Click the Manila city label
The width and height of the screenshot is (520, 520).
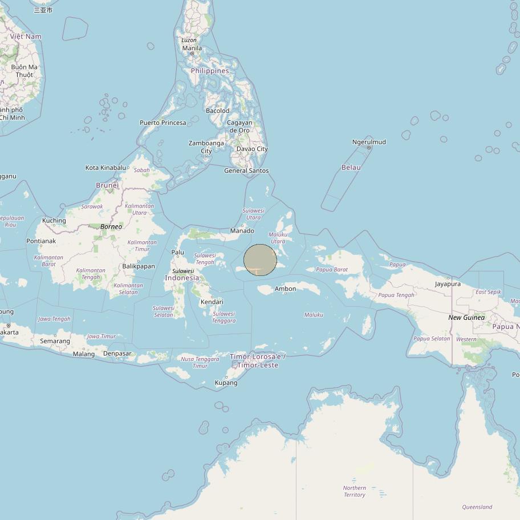point(192,48)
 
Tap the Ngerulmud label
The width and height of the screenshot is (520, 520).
point(369,142)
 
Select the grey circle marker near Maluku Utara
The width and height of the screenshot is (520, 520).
point(260,260)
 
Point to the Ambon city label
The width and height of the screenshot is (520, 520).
point(285,289)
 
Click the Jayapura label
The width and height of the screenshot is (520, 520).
point(448,284)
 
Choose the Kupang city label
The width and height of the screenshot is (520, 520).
point(226,383)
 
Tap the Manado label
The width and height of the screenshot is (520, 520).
point(242,231)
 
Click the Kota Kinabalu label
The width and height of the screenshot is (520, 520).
point(105,168)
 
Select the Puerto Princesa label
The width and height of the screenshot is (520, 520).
point(163,123)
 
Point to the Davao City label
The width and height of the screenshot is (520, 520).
point(252,149)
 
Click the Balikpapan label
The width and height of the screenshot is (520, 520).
point(139,266)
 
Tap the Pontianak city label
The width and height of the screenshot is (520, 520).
point(41,241)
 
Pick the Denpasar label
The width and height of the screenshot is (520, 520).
point(117,354)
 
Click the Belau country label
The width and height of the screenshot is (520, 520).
point(351,168)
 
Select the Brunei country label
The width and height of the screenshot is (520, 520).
point(107,185)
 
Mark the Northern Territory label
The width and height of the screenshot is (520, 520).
point(354,491)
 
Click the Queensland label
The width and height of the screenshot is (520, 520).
point(477,507)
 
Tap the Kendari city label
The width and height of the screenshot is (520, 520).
point(212,302)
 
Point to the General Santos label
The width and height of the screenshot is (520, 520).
point(246,171)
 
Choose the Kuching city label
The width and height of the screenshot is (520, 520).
point(54,221)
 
